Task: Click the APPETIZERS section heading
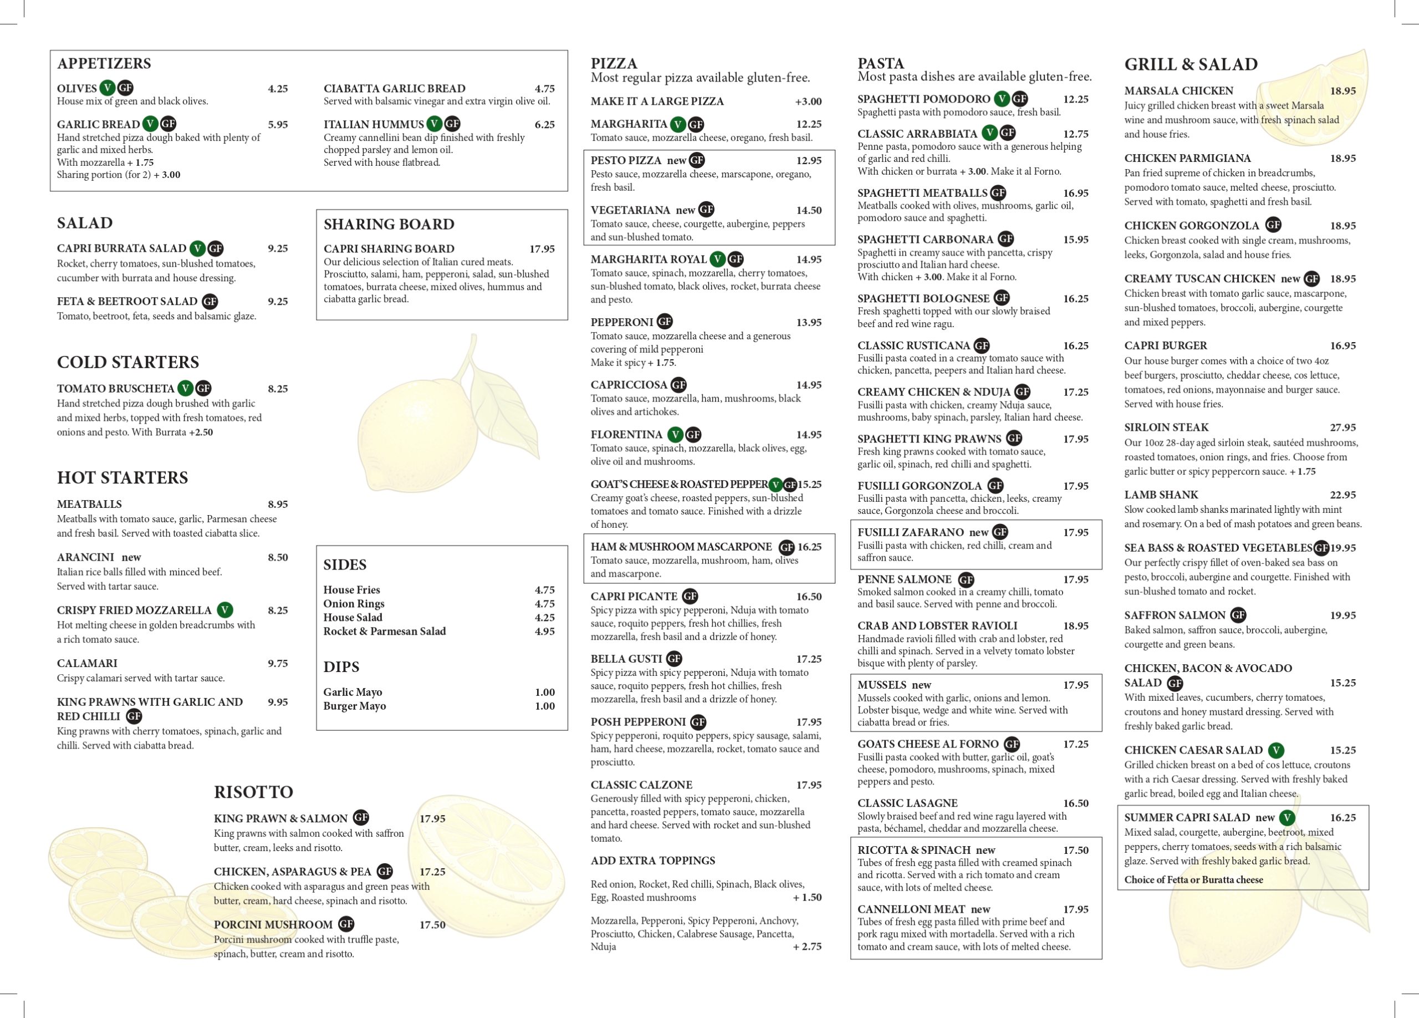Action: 104,64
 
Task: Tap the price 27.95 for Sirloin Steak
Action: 1343,428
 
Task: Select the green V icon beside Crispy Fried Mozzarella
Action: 224,610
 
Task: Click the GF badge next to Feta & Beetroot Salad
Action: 210,302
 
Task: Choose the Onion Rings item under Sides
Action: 354,604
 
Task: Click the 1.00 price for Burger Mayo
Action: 544,706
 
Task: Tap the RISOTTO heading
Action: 253,792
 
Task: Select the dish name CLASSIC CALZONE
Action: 641,785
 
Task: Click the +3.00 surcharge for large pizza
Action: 808,102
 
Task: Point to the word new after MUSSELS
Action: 921,685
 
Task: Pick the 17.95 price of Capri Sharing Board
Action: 542,249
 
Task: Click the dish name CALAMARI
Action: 87,663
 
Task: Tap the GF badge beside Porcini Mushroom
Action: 346,924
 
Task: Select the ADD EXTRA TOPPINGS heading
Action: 652,861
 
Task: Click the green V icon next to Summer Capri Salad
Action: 1287,818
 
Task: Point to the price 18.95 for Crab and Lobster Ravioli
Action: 1075,625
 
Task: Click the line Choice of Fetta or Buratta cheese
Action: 1193,880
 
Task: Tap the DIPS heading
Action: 341,667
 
